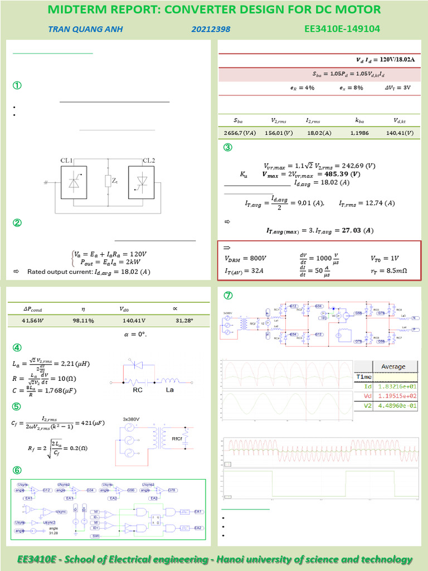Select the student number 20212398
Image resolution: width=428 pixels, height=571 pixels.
210,29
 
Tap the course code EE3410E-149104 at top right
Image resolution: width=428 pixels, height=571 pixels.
344,28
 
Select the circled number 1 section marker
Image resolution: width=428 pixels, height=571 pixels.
17,86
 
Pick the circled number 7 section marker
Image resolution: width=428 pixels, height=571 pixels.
227,296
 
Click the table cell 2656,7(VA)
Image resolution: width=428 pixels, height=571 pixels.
238,133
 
